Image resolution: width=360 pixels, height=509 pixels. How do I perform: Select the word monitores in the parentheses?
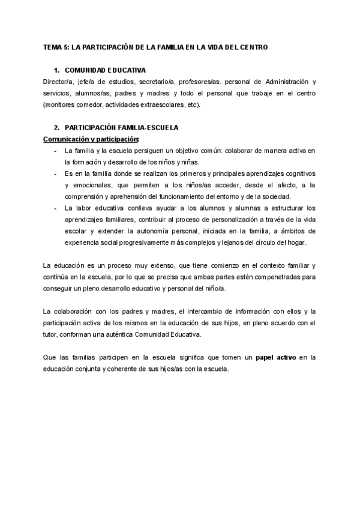[61, 104]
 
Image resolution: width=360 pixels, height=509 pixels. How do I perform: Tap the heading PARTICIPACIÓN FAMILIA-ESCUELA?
[121, 128]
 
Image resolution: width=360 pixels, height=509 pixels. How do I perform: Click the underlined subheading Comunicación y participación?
[91, 139]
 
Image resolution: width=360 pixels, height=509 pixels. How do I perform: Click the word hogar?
[295, 242]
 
